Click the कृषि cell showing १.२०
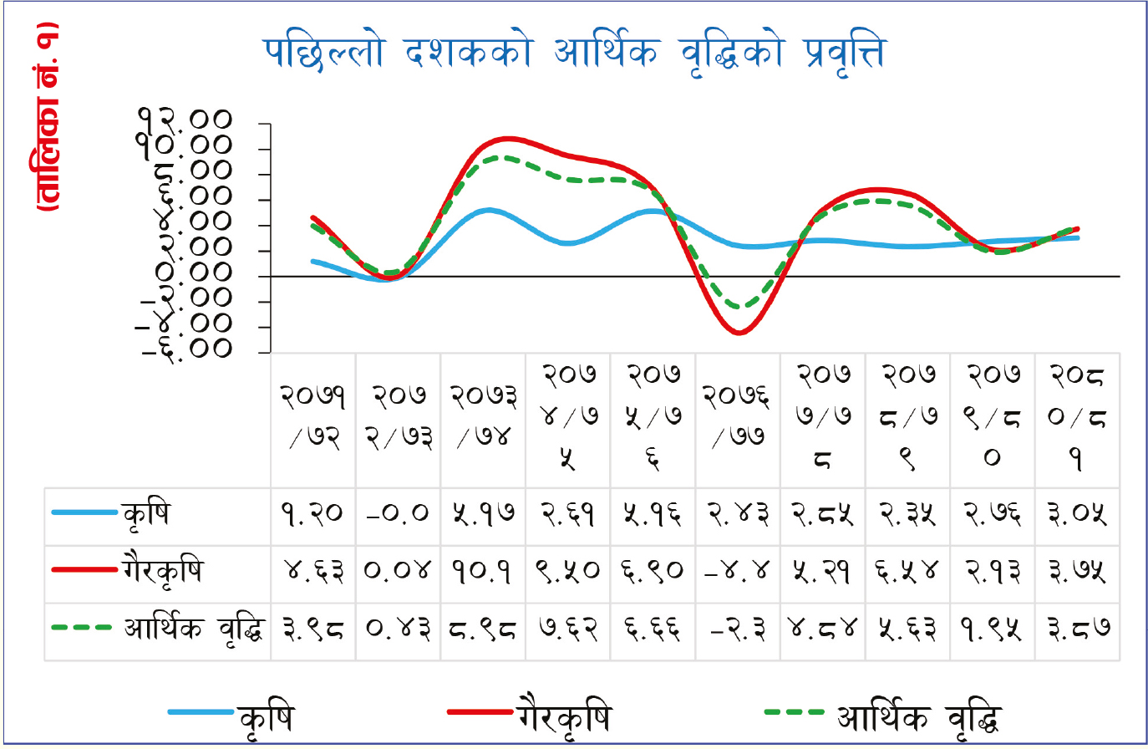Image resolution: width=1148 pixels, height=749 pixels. pyautogui.click(x=312, y=514)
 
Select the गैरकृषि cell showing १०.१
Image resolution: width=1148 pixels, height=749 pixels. pyautogui.click(x=482, y=572)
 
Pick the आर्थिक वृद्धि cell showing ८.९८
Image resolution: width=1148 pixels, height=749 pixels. pyautogui.click(x=482, y=629)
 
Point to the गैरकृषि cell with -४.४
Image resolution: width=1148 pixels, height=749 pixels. pyautogui.click(x=737, y=572)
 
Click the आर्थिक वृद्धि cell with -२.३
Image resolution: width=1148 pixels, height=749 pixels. pyautogui.click(x=737, y=629)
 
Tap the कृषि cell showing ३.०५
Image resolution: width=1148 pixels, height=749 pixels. pyautogui.click(x=1077, y=514)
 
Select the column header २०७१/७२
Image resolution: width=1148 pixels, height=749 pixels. pyautogui.click(x=312, y=415)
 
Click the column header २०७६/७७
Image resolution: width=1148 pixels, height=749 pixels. pyautogui.click(x=737, y=415)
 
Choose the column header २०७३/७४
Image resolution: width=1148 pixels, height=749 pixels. pyautogui.click(x=482, y=415)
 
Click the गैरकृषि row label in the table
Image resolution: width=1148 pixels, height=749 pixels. pyautogui.click(x=162, y=572)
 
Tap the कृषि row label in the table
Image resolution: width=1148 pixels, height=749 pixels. pyautogui.click(x=145, y=514)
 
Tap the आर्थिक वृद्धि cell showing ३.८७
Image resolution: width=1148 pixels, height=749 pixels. pyautogui.click(x=1077, y=629)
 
